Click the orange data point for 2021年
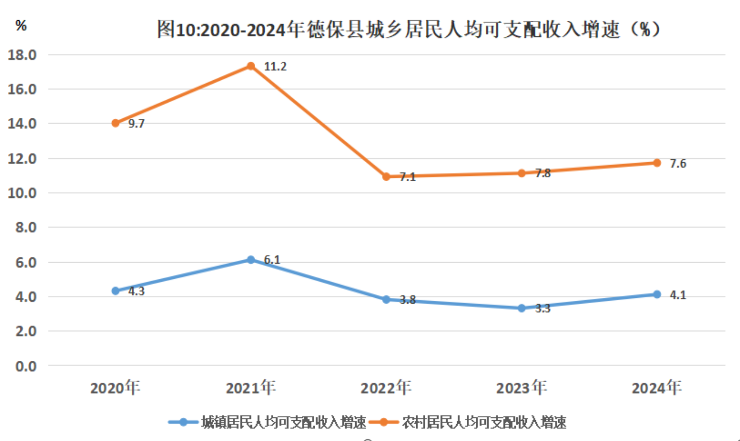pyautogui.click(x=251, y=66)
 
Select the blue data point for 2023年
pyautogui.click(x=522, y=308)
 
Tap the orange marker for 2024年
pyautogui.click(x=657, y=163)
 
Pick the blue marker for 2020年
pyautogui.click(x=116, y=291)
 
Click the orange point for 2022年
pyautogui.click(x=386, y=177)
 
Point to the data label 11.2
pyautogui.click(x=275, y=67)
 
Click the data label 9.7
pyautogui.click(x=136, y=124)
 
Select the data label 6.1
pyautogui.click(x=272, y=260)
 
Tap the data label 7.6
pyautogui.click(x=678, y=164)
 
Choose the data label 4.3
pyautogui.click(x=136, y=291)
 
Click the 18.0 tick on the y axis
pyautogui.click(x=22, y=55)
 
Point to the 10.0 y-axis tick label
pyautogui.click(x=22, y=193)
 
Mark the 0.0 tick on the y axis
pyautogui.click(x=26, y=366)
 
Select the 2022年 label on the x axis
pyautogui.click(x=386, y=388)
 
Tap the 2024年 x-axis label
pyautogui.click(x=656, y=388)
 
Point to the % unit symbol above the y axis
pyautogui.click(x=21, y=26)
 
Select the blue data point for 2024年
pyautogui.click(x=657, y=295)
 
